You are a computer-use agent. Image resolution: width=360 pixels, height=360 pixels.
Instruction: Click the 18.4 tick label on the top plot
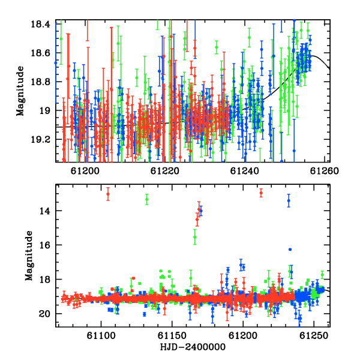tap(40, 24)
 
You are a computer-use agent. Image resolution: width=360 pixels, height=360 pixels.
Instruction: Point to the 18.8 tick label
tap(40, 82)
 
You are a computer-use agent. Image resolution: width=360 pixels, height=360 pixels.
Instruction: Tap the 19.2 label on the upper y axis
tap(40, 139)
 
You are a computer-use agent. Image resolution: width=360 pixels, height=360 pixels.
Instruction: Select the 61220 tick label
tap(164, 171)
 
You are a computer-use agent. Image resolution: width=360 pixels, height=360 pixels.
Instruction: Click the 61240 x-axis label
tap(245, 171)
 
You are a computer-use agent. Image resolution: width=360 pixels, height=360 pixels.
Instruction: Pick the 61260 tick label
tap(325, 171)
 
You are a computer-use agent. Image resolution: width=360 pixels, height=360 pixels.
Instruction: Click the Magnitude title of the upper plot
tap(20, 91)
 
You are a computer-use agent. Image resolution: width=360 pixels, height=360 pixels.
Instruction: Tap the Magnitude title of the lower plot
tap(29, 256)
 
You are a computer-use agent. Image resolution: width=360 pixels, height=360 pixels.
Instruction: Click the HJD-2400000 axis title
tap(193, 347)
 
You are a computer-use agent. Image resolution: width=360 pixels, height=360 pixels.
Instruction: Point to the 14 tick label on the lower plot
tap(44, 211)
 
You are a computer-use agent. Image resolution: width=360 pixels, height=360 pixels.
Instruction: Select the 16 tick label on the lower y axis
tap(44, 245)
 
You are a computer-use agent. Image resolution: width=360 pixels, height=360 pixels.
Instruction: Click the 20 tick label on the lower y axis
tap(44, 314)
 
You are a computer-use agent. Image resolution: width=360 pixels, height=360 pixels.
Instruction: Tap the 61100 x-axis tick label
tap(101, 336)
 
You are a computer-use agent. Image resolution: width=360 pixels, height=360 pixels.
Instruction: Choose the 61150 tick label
tap(172, 336)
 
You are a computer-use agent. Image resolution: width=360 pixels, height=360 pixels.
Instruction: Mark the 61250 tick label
tap(314, 336)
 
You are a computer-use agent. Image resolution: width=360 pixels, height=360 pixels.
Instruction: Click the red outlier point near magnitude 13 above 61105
tap(108, 194)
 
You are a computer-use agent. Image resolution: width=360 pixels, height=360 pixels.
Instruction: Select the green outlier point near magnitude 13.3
tap(147, 199)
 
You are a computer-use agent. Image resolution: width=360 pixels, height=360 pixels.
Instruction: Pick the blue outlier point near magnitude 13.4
tap(289, 200)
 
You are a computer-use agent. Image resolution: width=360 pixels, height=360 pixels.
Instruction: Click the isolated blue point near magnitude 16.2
tap(290, 250)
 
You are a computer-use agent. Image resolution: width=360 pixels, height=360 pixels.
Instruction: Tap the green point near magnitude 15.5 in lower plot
tap(194, 237)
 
